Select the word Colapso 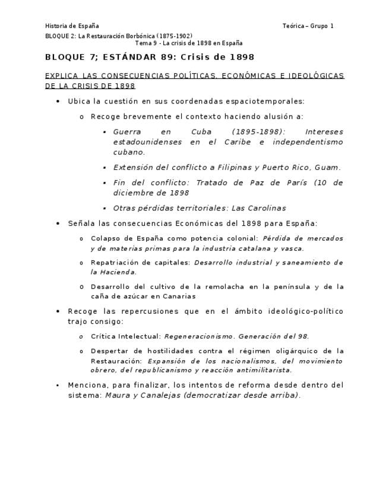103,238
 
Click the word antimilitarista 263,370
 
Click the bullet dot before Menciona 58,386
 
